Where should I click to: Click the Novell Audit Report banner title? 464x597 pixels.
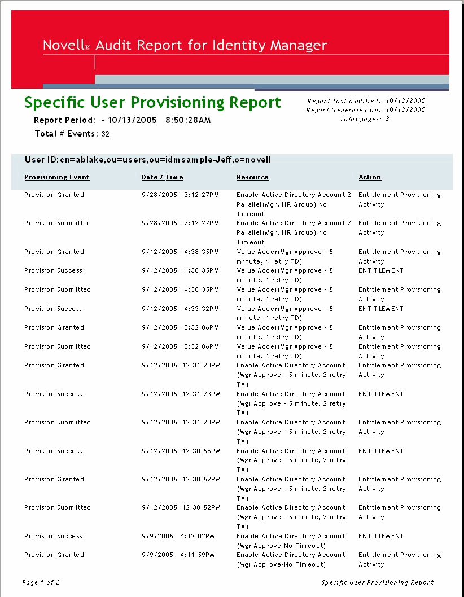pos(185,46)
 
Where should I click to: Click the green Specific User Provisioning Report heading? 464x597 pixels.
pos(152,103)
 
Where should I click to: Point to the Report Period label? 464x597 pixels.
pos(64,120)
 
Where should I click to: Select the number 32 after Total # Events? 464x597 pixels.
pos(106,134)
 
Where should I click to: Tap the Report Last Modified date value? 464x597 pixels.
pos(405,101)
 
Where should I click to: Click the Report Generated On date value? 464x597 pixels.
pos(405,110)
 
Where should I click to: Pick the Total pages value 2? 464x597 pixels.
pos(387,119)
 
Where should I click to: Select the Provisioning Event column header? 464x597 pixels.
pos(57,177)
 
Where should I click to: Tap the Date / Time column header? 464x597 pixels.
pos(163,177)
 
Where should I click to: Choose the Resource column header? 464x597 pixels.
pos(252,177)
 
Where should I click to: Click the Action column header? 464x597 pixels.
pos(370,177)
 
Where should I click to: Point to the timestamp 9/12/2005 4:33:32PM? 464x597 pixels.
pos(181,309)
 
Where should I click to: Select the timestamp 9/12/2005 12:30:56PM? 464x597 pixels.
pos(181,451)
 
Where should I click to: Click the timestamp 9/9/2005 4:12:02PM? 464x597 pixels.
pos(178,536)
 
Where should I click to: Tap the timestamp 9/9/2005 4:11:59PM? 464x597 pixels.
pos(178,555)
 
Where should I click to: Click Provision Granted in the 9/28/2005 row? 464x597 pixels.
pos(54,195)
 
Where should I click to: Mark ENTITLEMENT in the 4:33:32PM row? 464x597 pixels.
pos(381,309)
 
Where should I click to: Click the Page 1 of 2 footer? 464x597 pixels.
pos(41,582)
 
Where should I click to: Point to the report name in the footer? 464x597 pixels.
pos(378,582)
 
